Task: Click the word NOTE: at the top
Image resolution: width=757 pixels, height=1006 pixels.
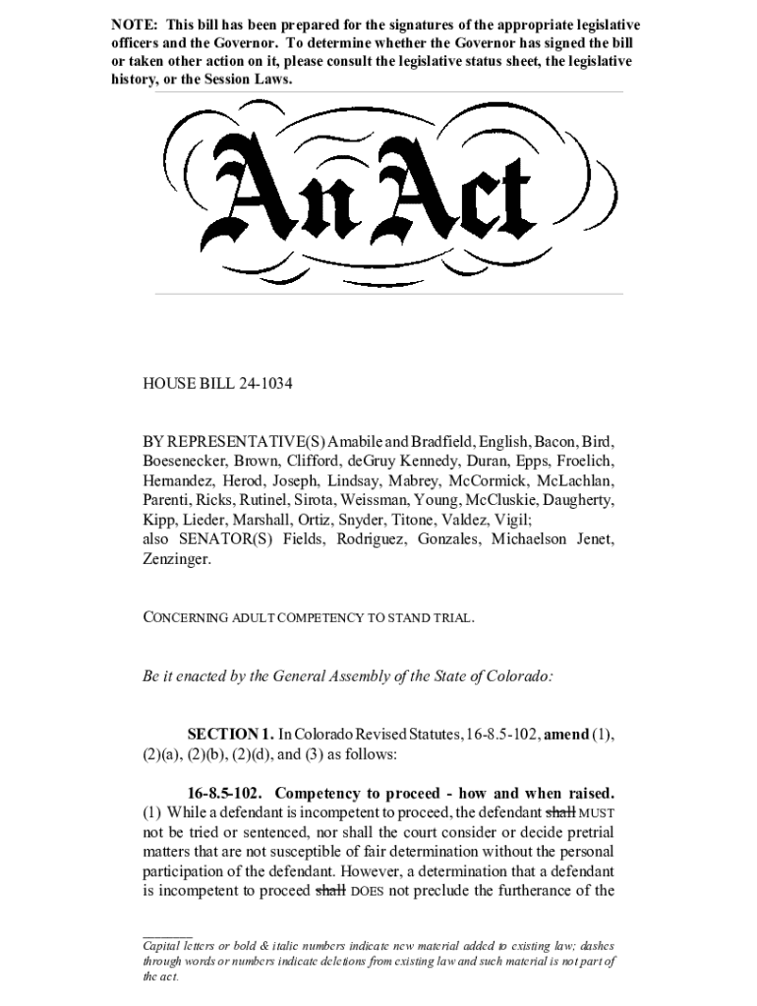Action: [134, 24]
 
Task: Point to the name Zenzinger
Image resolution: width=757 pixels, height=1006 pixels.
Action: [177, 559]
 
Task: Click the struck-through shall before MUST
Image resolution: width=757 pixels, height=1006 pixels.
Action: [559, 812]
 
